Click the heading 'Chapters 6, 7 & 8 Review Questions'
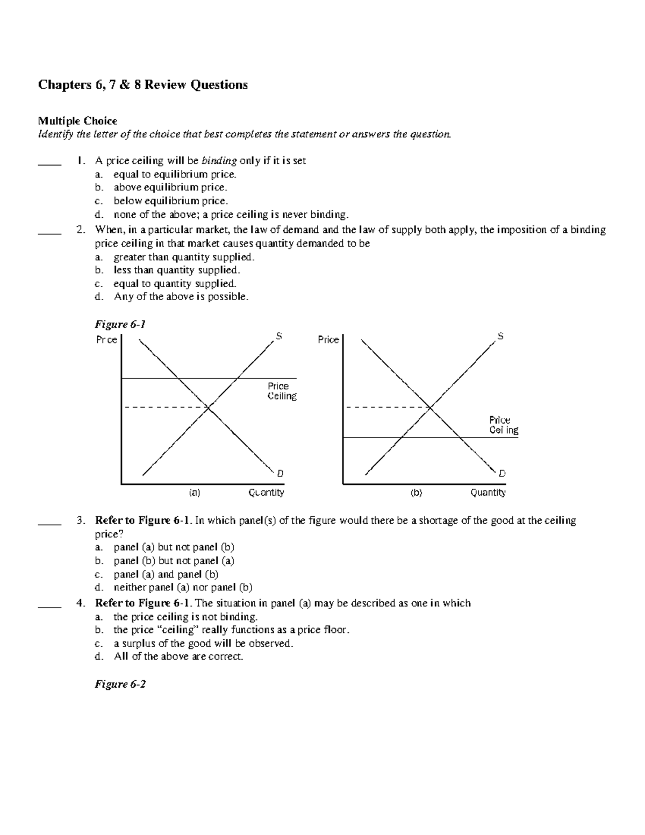click(142, 85)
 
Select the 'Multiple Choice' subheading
click(77, 121)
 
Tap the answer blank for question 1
click(49, 161)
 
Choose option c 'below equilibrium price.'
click(170, 201)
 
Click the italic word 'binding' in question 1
click(219, 161)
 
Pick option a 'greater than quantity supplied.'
click(184, 257)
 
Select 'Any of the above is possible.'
click(181, 297)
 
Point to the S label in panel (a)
click(279, 337)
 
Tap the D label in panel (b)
click(502, 474)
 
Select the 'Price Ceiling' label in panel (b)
click(503, 425)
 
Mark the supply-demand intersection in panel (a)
click(209, 408)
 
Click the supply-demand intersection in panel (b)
click(431, 408)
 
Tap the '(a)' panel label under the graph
click(194, 493)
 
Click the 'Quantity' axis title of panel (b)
click(488, 493)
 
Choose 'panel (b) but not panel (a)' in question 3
click(174, 561)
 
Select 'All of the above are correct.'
click(178, 656)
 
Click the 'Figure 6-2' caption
click(120, 684)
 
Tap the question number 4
click(81, 603)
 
